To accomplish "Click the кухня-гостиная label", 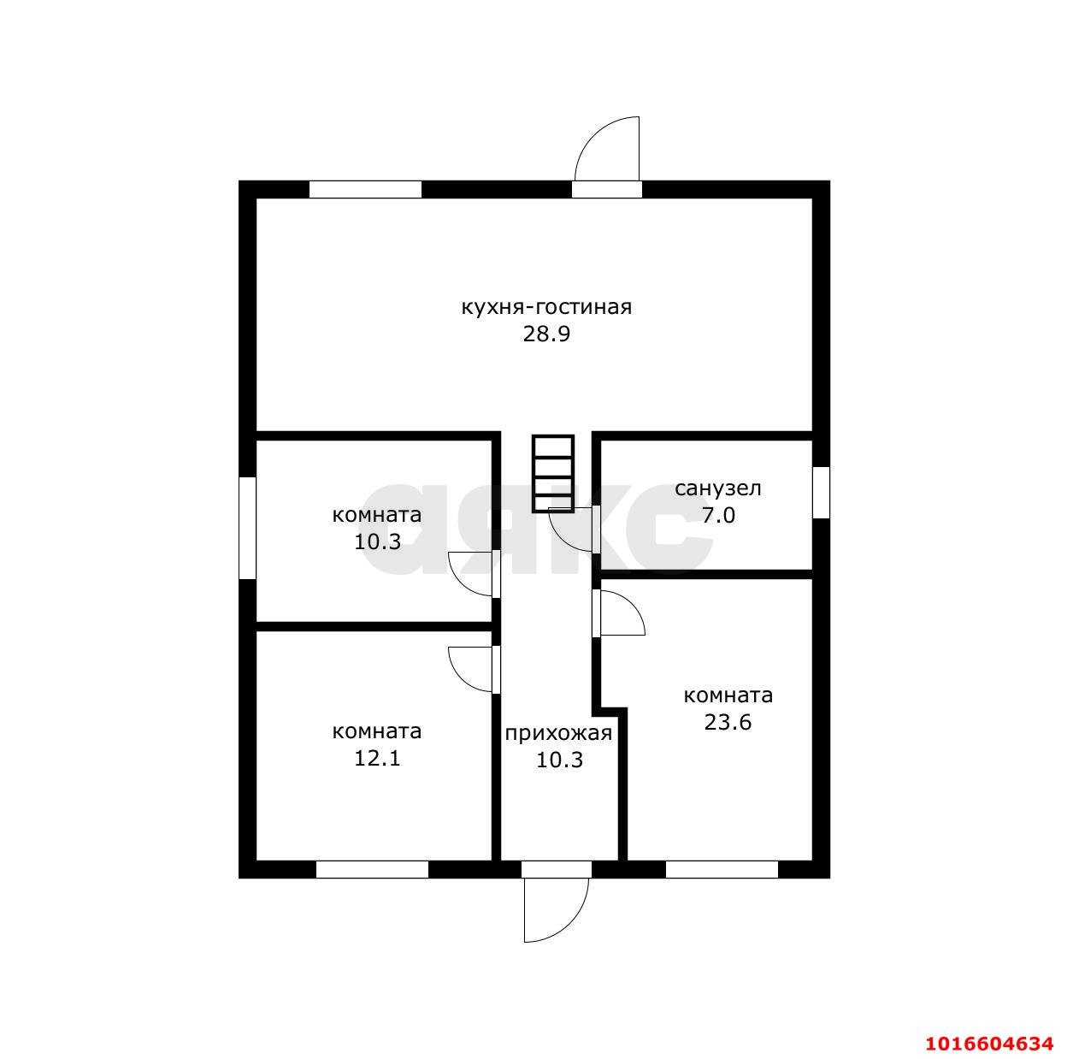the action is [x=546, y=307].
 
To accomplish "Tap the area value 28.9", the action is [x=546, y=334].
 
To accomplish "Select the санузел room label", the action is [x=717, y=488].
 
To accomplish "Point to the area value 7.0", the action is [x=718, y=515].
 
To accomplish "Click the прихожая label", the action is [x=558, y=733].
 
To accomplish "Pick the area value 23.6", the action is [x=728, y=722].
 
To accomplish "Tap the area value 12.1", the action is [x=378, y=758].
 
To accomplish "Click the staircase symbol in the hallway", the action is [x=553, y=474].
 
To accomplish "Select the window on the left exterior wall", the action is [x=247, y=528].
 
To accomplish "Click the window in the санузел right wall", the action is [x=822, y=492].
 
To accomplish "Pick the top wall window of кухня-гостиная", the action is [x=365, y=190].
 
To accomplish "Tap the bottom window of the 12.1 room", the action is [x=372, y=869].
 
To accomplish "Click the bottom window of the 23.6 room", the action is [x=722, y=869].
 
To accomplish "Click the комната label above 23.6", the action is [x=728, y=695].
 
